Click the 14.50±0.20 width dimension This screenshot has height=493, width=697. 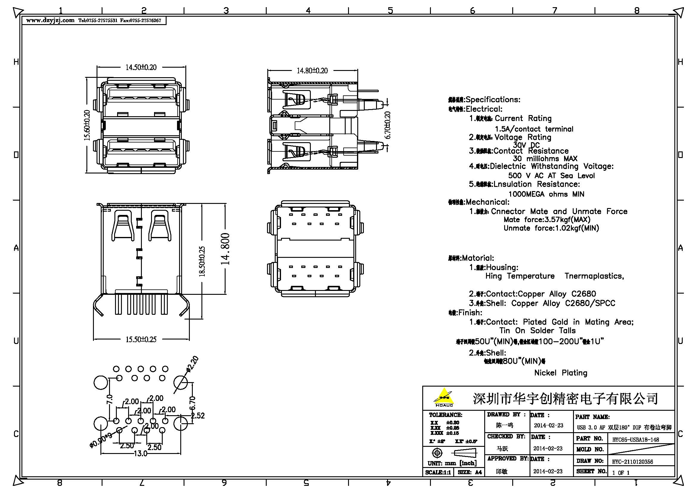point(141,67)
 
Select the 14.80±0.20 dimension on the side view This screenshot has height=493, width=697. point(312,71)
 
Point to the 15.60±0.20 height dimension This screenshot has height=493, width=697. point(87,125)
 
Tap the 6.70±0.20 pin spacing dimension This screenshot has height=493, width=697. point(388,125)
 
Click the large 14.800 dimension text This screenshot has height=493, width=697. point(225,249)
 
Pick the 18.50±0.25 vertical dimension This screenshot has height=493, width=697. point(202,261)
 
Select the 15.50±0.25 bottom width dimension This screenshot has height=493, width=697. point(141,339)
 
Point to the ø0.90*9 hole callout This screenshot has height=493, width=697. point(101,440)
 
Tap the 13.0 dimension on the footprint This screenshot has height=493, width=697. point(140,454)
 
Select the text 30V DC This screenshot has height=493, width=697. point(526,145)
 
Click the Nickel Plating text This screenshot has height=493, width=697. point(561,373)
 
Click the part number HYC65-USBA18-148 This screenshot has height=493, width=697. point(635,440)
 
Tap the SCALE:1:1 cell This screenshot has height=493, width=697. point(438,472)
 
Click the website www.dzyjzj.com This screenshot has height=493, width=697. point(50,20)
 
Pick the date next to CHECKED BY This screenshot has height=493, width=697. point(548,448)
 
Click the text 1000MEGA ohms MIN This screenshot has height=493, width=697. point(546,194)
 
